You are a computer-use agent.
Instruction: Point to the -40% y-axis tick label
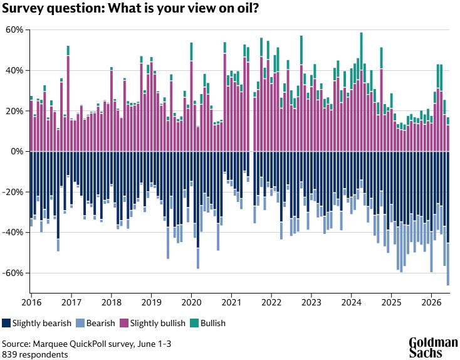pyautogui.click(x=13, y=233)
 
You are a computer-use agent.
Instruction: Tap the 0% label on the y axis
pyautogui.click(x=17, y=152)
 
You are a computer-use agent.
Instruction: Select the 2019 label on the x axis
pyautogui.click(x=152, y=302)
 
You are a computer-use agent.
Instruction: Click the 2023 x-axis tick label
pyautogui.click(x=311, y=302)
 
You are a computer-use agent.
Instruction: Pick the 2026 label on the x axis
pyautogui.click(x=431, y=302)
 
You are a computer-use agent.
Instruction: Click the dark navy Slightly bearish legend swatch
pyautogui.click(x=6, y=323)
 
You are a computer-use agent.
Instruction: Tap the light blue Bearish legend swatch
pyautogui.click(x=80, y=323)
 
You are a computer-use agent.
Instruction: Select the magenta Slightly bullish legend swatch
pyautogui.click(x=124, y=323)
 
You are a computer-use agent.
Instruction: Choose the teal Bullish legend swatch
pyautogui.click(x=194, y=323)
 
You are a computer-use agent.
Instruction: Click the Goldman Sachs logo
pyautogui.click(x=433, y=348)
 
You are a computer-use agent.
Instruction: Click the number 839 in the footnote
pyautogui.click(x=9, y=355)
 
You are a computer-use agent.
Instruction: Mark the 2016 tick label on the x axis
pyautogui.click(x=32, y=302)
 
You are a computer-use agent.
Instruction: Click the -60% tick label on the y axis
pyautogui.click(x=13, y=273)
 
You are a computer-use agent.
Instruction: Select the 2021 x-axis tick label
pyautogui.click(x=231, y=302)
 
